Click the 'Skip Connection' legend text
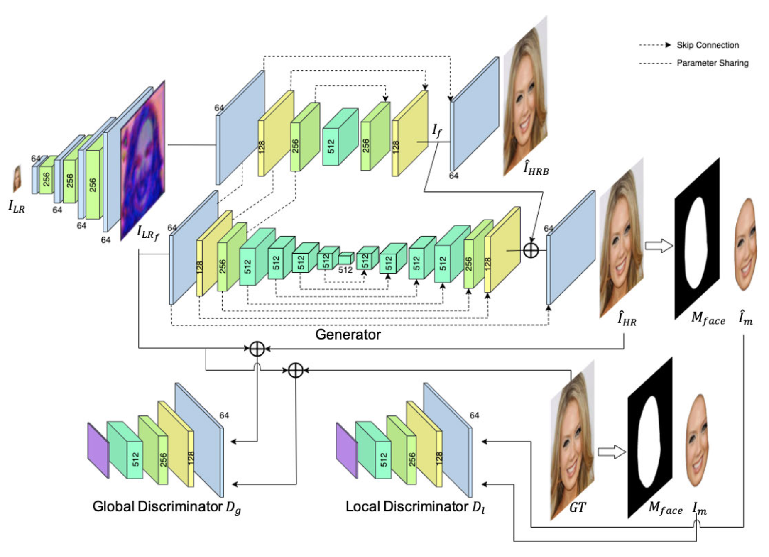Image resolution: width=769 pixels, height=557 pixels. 708,45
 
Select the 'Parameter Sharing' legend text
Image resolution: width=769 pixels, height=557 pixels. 713,63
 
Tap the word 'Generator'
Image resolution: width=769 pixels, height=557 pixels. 348,335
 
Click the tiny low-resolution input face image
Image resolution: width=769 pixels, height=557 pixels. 17,178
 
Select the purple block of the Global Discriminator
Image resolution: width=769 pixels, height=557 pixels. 98,450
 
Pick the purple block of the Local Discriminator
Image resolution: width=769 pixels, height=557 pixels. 346,450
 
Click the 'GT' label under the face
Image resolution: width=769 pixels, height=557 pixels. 577,508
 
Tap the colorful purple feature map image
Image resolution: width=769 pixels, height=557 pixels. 143,160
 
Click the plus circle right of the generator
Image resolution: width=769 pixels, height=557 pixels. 531,250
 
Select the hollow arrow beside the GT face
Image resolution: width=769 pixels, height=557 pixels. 612,452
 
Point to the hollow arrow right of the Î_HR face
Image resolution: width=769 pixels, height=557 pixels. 659,246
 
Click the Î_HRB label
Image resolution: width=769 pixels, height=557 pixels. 536,169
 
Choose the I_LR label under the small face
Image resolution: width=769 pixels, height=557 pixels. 17,206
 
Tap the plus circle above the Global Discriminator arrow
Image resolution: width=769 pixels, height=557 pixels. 257,349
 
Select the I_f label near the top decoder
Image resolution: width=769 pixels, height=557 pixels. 437,131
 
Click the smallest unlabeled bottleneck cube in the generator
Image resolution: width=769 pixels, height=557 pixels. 345,259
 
